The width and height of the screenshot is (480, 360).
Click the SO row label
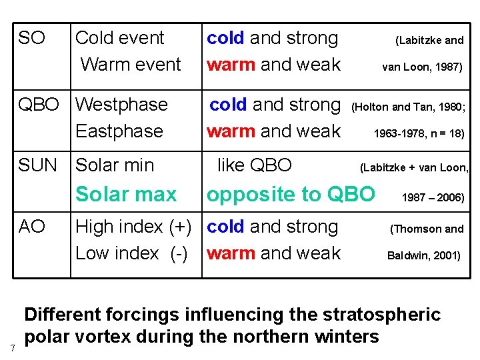click(31, 38)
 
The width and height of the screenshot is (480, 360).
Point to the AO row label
click(32, 227)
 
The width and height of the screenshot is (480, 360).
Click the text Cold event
click(120, 38)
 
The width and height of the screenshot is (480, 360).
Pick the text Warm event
click(131, 65)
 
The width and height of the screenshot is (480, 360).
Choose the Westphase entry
click(122, 105)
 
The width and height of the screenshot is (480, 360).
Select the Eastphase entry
click(119, 131)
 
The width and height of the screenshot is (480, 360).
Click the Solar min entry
click(115, 165)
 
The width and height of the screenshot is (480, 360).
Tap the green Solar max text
click(126, 195)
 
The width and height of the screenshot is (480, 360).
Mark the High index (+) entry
click(137, 227)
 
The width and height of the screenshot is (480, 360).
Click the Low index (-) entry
click(131, 253)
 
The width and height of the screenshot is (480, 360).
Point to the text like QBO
click(255, 165)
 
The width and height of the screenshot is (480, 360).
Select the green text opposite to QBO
click(291, 195)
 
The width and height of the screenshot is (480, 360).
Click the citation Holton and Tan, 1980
click(409, 105)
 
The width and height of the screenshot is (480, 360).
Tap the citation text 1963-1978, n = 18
click(419, 133)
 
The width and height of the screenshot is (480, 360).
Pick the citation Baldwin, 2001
click(423, 255)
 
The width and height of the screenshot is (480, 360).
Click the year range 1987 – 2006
click(432, 197)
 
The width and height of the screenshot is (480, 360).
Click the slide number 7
click(13, 348)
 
